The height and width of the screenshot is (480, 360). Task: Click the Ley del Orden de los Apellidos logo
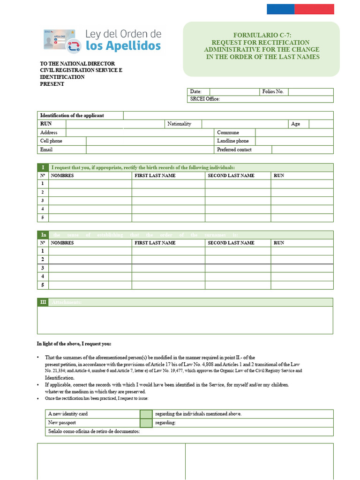[102, 40]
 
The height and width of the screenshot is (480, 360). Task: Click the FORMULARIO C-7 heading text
[262, 35]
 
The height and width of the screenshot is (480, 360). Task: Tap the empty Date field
[234, 92]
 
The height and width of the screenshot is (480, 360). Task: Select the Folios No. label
[273, 92]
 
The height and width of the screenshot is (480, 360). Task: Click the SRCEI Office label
[205, 99]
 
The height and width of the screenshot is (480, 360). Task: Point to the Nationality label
[179, 124]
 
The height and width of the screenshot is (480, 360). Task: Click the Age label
[295, 124]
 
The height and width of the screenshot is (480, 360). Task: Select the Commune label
[228, 133]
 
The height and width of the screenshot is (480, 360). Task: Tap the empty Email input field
[150, 150]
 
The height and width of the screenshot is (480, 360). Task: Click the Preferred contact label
[234, 150]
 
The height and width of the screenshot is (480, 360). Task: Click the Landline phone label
[233, 141]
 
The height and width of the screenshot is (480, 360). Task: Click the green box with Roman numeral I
[43, 167]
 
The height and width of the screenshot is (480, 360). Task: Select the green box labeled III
[43, 302]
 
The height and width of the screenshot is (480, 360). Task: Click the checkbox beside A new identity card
[146, 414]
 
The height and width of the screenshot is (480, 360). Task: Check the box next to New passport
[146, 423]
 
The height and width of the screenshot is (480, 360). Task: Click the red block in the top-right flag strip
[314, 9]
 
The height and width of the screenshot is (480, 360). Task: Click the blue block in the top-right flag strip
[280, 9]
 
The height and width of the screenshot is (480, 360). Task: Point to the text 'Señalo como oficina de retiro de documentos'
[94, 431]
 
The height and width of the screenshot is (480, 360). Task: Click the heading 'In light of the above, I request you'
[74, 344]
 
